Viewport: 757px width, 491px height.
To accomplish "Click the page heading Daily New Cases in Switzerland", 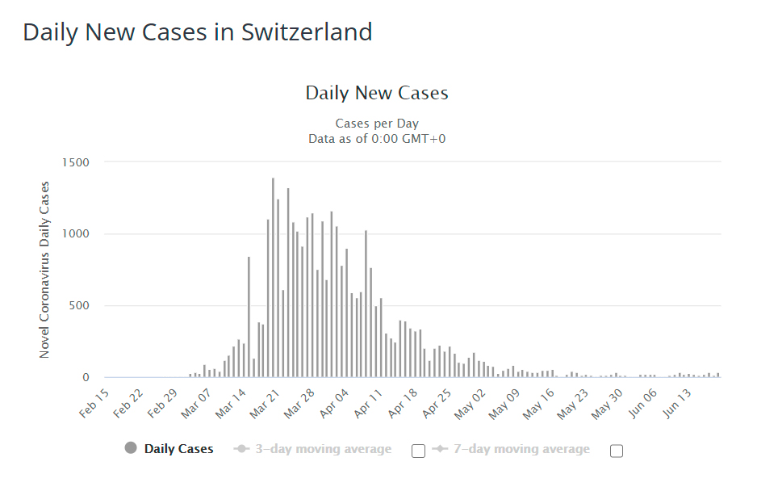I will (x=198, y=32).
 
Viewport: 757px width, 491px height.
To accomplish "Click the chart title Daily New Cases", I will (x=377, y=93).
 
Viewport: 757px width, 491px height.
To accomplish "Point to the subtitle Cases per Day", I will (x=377, y=124).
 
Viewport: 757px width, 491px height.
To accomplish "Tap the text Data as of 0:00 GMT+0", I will (x=377, y=138).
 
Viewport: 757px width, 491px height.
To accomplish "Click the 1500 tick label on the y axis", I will (x=75, y=162).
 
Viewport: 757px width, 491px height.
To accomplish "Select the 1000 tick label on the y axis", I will (x=75, y=234).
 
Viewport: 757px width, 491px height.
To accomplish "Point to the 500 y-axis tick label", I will (x=78, y=306).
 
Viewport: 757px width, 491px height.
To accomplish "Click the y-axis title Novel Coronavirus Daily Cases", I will (x=44, y=270).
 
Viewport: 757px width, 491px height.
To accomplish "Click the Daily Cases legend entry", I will (x=179, y=449).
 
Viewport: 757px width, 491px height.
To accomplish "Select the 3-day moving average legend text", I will (x=324, y=449).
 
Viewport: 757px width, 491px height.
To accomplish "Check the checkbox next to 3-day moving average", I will (x=418, y=451).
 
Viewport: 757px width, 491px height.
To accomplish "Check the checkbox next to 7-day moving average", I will (x=617, y=451).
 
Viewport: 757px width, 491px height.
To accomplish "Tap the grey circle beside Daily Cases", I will (x=131, y=448).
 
